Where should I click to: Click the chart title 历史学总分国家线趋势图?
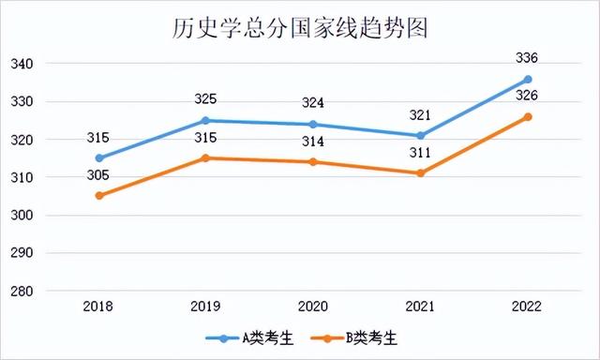[x=300, y=27]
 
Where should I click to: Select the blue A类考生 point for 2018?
[x=98, y=158]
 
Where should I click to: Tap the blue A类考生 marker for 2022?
[x=528, y=79]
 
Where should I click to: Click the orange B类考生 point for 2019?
[x=205, y=157]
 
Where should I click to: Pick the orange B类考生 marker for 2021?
[x=421, y=173]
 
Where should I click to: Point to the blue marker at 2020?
[x=313, y=125]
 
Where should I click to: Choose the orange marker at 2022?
[x=528, y=116]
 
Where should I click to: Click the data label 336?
[x=528, y=58]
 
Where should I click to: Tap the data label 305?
[x=98, y=175]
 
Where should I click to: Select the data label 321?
[x=421, y=115]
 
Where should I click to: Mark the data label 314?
[x=313, y=142]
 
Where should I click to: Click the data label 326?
[x=528, y=97]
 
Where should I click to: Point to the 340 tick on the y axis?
[x=22, y=64]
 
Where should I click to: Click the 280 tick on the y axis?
[x=22, y=292]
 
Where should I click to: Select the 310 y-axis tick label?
[x=22, y=178]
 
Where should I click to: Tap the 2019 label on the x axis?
[x=205, y=307]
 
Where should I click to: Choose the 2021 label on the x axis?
[x=421, y=307]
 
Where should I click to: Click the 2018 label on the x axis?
[x=98, y=307]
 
